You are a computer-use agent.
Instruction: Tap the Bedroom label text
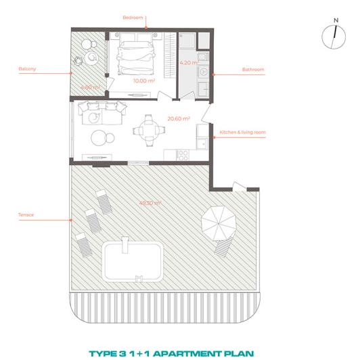(x=133, y=18)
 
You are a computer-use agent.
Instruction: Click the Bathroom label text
(x=253, y=69)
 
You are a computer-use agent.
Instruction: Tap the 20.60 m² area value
(x=178, y=118)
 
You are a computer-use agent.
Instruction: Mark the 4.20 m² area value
(x=187, y=62)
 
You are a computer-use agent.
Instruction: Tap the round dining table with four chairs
(x=146, y=129)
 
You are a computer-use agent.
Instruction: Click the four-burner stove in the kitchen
(x=182, y=155)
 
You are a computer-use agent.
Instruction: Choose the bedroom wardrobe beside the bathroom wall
(x=169, y=55)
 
